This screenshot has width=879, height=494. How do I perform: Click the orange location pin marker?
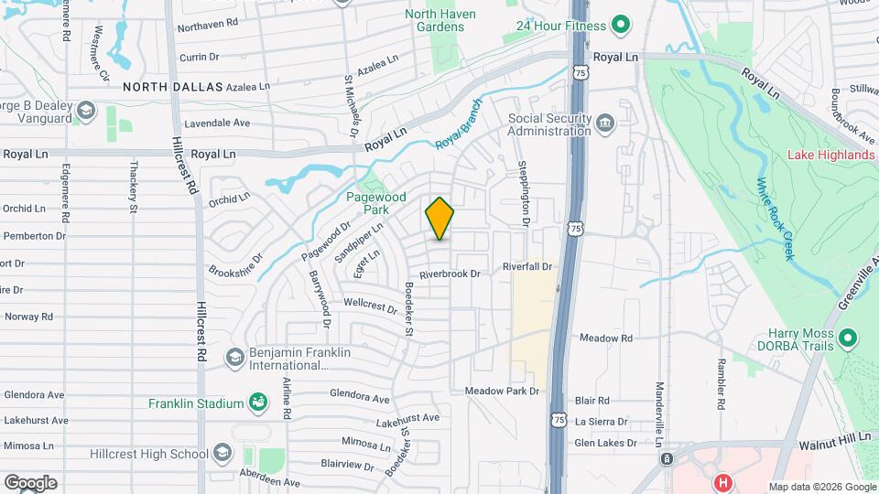pyautogui.click(x=440, y=219)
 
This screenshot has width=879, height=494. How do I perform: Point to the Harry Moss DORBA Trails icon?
pyautogui.click(x=847, y=339)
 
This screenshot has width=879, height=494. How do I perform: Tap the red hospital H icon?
pyautogui.click(x=723, y=482)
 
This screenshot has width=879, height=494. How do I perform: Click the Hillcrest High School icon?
pyautogui.click(x=222, y=454)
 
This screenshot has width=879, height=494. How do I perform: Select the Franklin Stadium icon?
pyautogui.click(x=259, y=403)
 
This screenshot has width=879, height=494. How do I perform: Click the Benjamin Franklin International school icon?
pyautogui.click(x=234, y=357)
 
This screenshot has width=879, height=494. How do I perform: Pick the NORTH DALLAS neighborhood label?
pyautogui.click(x=173, y=87)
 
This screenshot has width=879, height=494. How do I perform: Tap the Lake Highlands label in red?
pyautogui.click(x=830, y=155)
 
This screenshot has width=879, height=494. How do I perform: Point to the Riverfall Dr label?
pyautogui.click(x=528, y=266)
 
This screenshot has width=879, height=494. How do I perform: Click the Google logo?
pyautogui.click(x=30, y=482)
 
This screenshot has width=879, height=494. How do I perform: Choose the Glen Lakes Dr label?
pyautogui.click(x=605, y=443)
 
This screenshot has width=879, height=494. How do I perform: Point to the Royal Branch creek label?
pyautogui.click(x=458, y=124)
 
